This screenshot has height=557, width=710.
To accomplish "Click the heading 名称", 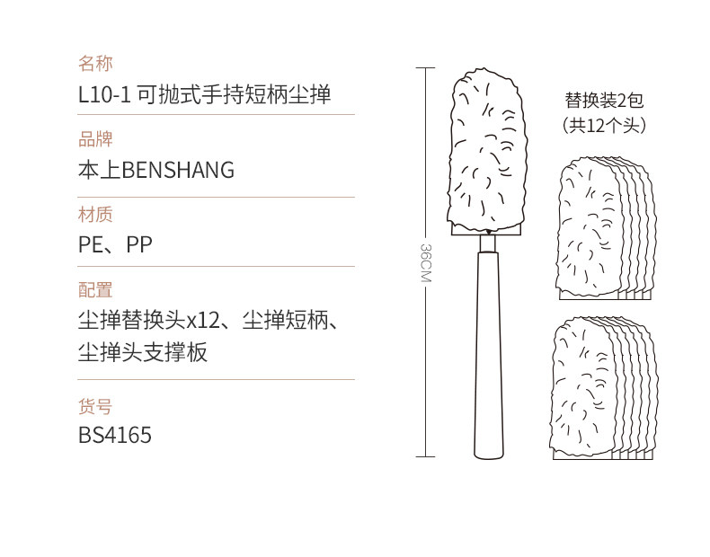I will (96, 64).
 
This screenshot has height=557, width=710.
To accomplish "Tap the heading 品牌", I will (96, 139).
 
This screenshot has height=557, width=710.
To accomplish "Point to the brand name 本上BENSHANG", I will (156, 170).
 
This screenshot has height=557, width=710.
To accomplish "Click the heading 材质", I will (96, 214).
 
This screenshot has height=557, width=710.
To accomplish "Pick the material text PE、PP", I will (115, 244).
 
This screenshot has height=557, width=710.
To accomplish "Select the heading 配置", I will (96, 289).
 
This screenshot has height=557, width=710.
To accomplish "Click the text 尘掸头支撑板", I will (143, 352).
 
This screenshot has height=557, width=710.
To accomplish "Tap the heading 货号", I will (96, 406).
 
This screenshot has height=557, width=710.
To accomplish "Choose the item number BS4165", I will (115, 436).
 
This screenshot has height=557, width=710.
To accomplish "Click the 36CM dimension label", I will (426, 262).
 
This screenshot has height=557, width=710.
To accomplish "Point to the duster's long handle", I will (486, 359).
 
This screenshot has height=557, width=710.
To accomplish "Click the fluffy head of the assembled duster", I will (486, 148).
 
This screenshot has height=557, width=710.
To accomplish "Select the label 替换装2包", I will (604, 101).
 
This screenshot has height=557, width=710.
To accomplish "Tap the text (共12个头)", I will (604, 126).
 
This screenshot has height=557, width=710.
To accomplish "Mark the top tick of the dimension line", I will (426, 67).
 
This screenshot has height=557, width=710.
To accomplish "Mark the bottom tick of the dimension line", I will (426, 457).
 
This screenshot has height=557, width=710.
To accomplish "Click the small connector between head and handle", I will (486, 243).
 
